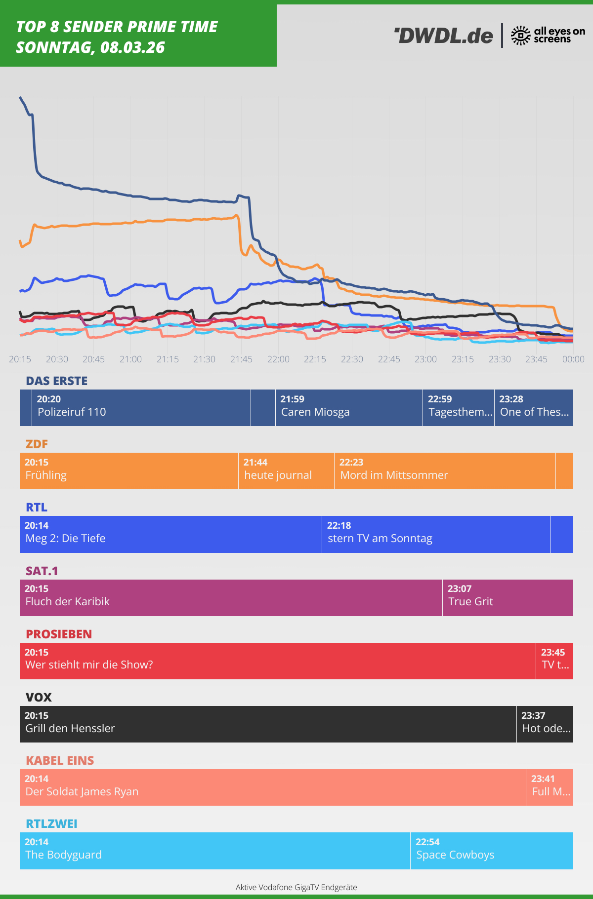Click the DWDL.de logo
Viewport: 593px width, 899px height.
(x=444, y=36)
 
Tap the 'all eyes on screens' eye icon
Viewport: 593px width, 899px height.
(x=520, y=36)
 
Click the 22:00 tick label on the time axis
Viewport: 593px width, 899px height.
(x=278, y=359)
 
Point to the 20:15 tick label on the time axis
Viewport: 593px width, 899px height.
(x=20, y=359)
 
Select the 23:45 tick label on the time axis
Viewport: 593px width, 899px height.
(x=536, y=359)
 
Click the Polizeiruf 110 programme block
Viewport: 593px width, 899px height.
(x=141, y=408)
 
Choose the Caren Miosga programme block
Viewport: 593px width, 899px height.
(x=348, y=408)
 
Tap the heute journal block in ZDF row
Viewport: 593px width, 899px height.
(x=286, y=471)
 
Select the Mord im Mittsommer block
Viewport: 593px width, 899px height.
(x=444, y=471)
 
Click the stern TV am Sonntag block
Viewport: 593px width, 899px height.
(x=435, y=534)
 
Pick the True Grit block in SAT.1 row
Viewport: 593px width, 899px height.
(x=508, y=597)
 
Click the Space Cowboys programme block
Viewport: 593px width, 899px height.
(x=491, y=851)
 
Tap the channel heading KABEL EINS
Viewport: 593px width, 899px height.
(x=60, y=760)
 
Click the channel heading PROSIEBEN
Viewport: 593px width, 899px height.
(x=59, y=634)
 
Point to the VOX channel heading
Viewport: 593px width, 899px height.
(x=39, y=697)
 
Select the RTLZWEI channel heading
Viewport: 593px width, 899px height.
(x=51, y=823)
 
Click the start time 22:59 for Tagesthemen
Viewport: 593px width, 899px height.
(x=440, y=399)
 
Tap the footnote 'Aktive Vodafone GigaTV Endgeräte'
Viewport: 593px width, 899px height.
(x=296, y=887)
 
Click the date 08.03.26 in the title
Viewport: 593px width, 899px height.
(x=132, y=47)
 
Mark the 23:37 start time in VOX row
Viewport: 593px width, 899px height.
(x=533, y=715)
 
